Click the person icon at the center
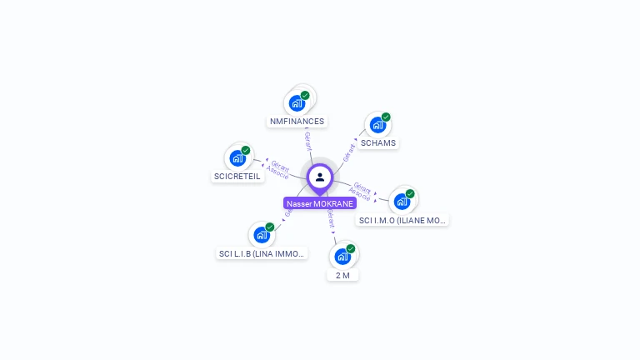(x=320, y=177)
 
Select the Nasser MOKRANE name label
(x=320, y=203)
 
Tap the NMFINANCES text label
(x=297, y=122)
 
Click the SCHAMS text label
(x=378, y=143)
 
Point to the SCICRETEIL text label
(x=237, y=177)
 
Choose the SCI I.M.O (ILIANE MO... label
(x=402, y=221)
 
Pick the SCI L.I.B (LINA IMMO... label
(x=262, y=253)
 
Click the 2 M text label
(x=342, y=275)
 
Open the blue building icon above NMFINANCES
(x=296, y=104)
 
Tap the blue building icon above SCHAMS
(x=377, y=126)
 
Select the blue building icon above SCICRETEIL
(x=237, y=158)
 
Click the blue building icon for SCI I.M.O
(x=402, y=202)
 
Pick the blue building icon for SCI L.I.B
(x=262, y=235)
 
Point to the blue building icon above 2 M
(x=342, y=257)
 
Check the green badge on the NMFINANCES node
(x=305, y=96)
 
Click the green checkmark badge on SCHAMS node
(x=386, y=117)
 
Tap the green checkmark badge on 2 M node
(x=351, y=248)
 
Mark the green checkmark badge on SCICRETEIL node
(x=246, y=151)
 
